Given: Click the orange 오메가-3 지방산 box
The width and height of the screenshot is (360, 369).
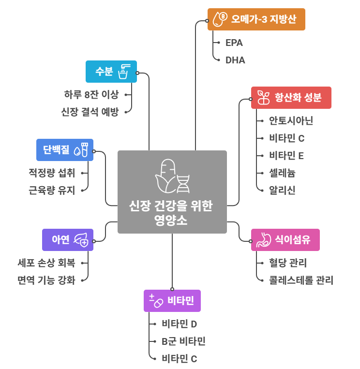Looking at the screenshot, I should pyautogui.click(x=256, y=19).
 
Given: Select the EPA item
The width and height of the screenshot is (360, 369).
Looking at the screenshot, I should pyautogui.click(x=234, y=43).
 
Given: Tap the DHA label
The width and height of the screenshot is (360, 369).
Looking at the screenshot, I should pyautogui.click(x=235, y=60).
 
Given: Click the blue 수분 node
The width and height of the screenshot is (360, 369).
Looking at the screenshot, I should pyautogui.click(x=111, y=72).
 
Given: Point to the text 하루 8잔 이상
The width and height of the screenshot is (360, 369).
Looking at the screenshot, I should pyautogui.click(x=91, y=94).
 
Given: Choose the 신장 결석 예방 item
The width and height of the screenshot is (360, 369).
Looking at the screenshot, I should pyautogui.click(x=90, y=112).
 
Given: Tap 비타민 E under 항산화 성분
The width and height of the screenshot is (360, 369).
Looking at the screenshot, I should pyautogui.click(x=286, y=156).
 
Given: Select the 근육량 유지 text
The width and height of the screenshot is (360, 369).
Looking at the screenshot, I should pyautogui.click(x=52, y=190).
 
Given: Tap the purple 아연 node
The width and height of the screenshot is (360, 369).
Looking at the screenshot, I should pyautogui.click(x=67, y=239).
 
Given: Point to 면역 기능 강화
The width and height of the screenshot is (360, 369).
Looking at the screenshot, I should pyautogui.click(x=46, y=280).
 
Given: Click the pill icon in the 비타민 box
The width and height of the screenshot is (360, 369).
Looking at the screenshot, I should pyautogui.click(x=156, y=300).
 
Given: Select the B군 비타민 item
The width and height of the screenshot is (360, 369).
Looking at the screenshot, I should pyautogui.click(x=183, y=341).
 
